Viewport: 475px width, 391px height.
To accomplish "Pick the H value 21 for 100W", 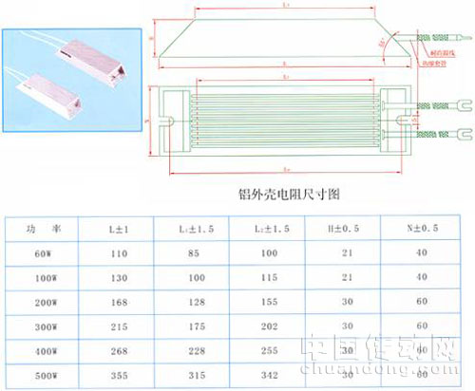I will tap(351, 277).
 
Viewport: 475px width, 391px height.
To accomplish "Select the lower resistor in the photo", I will tap(62, 87).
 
